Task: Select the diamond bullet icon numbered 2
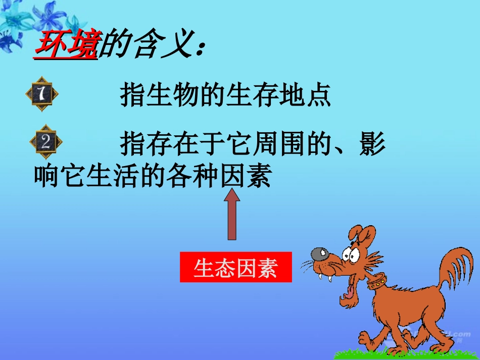tap(45, 142)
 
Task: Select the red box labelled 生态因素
tap(236, 267)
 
